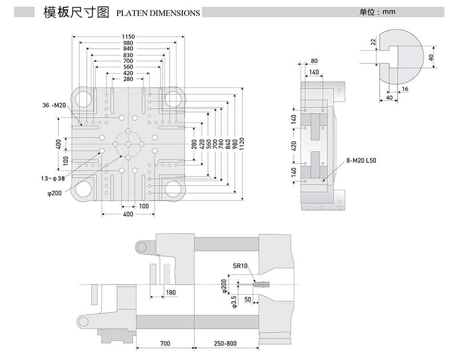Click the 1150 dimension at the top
[128, 37]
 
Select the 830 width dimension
[128, 54]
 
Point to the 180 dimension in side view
[170, 293]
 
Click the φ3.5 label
[234, 302]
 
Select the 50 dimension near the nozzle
[248, 299]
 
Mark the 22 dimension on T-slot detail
[372, 42]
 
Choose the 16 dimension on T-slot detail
[405, 90]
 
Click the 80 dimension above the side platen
[314, 61]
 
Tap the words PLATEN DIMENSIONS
[158, 13]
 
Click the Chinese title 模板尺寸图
[76, 12]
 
